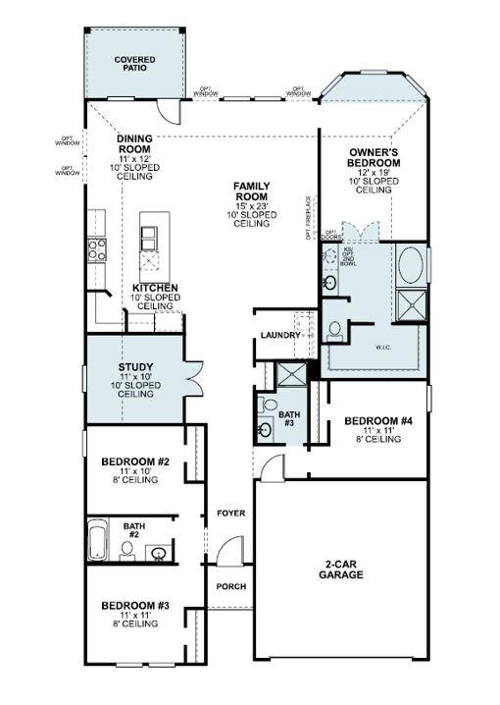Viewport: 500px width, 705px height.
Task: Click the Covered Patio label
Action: coord(134,65)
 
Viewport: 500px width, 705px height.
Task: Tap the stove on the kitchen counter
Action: coord(97,249)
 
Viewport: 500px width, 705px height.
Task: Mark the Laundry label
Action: coord(279,336)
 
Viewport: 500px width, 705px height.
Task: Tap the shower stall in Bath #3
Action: coord(290,374)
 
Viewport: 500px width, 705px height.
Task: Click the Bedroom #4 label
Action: coord(378,429)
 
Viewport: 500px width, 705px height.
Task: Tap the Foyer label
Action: coord(231,514)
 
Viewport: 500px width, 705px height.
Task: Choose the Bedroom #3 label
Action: coord(135,614)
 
